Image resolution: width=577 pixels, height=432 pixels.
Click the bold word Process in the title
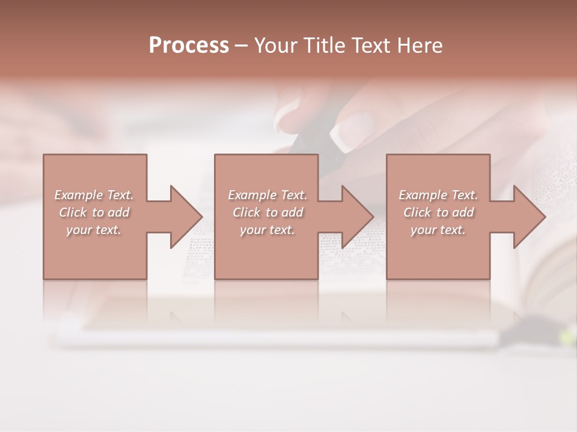(x=189, y=46)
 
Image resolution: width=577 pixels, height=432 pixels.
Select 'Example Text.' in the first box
(x=94, y=195)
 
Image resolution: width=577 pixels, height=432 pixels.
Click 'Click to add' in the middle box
(x=267, y=212)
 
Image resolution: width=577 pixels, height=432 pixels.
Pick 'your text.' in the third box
(x=438, y=230)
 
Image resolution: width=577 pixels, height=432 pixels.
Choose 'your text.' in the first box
(x=94, y=230)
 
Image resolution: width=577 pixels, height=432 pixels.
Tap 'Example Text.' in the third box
(x=438, y=195)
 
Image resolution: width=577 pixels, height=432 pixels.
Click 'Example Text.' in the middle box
(x=267, y=195)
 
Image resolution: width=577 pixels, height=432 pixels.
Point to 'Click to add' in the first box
(x=94, y=212)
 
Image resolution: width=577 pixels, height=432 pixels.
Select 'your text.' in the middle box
(x=267, y=230)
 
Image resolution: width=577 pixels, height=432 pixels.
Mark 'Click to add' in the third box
(x=438, y=212)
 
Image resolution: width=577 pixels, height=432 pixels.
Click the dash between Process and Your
(x=242, y=46)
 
